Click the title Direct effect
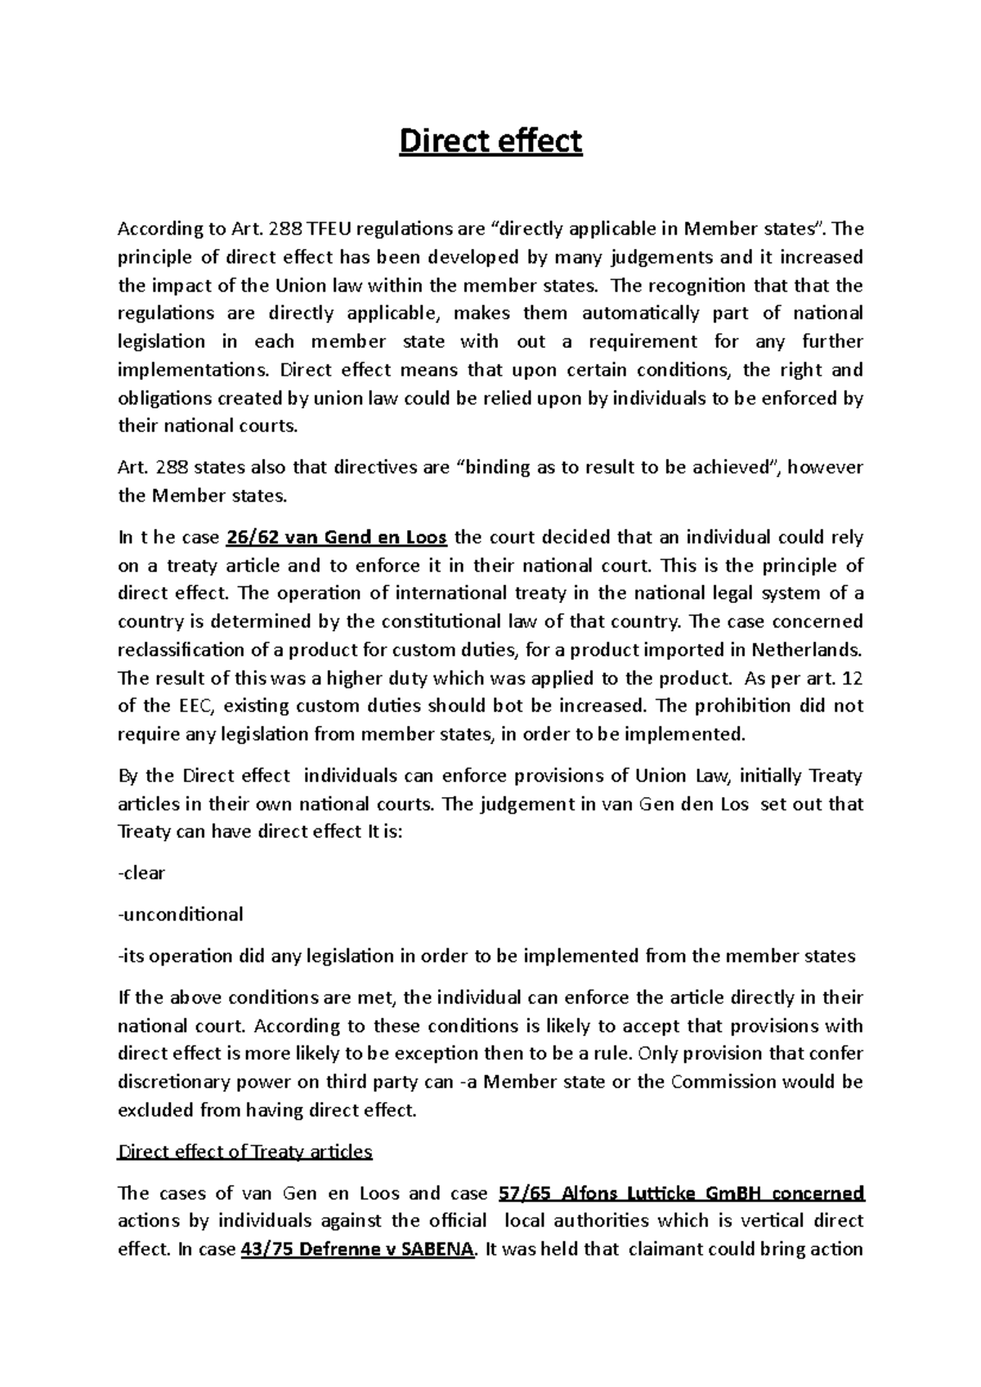pos(490,142)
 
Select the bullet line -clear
pos(142,873)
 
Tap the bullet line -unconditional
pos(181,914)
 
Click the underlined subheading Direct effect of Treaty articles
pos(245,1152)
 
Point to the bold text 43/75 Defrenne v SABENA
pos(358,1250)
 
